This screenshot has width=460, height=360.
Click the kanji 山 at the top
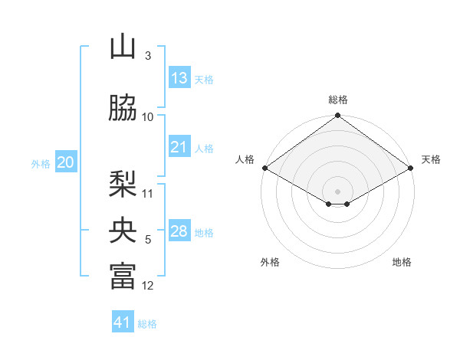click(123, 46)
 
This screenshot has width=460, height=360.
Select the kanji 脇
click(123, 107)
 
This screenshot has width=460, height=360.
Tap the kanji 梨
click(123, 184)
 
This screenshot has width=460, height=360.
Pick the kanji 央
click(123, 230)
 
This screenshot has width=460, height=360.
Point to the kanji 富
click(123, 276)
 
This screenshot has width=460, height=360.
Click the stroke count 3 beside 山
click(148, 56)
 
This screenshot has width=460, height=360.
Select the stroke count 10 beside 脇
click(147, 117)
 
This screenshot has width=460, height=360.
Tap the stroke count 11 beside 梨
click(147, 194)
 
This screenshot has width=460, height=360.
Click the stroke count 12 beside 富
click(147, 286)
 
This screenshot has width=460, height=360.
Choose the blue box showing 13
click(179, 77)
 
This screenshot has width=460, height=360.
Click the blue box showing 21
click(179, 146)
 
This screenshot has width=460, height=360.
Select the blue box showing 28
click(179, 230)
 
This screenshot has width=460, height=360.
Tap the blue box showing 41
click(123, 321)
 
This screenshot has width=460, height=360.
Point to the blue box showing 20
click(66, 162)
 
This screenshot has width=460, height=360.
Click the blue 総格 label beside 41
click(147, 324)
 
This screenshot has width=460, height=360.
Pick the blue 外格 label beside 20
click(41, 164)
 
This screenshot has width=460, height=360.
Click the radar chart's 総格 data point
click(337, 115)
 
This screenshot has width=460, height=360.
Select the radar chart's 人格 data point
click(265, 168)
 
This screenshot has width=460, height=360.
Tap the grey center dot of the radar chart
click(337, 191)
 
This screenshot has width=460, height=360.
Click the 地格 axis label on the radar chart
click(402, 262)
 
